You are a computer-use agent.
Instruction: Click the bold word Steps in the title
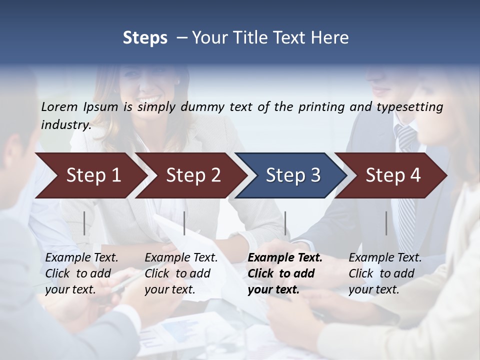click(145, 38)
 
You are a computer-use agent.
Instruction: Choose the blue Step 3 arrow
click(292, 175)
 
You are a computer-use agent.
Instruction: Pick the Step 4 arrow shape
click(393, 175)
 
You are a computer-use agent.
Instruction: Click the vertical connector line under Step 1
click(84, 223)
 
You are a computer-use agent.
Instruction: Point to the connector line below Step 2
click(184, 223)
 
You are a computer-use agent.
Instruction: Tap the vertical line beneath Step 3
click(285, 223)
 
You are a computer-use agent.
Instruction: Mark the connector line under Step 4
click(386, 223)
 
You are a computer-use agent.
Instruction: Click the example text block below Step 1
click(81, 273)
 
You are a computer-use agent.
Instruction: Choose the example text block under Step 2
click(181, 273)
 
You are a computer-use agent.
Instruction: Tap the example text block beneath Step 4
click(385, 273)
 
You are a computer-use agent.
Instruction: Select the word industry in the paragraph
click(65, 125)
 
